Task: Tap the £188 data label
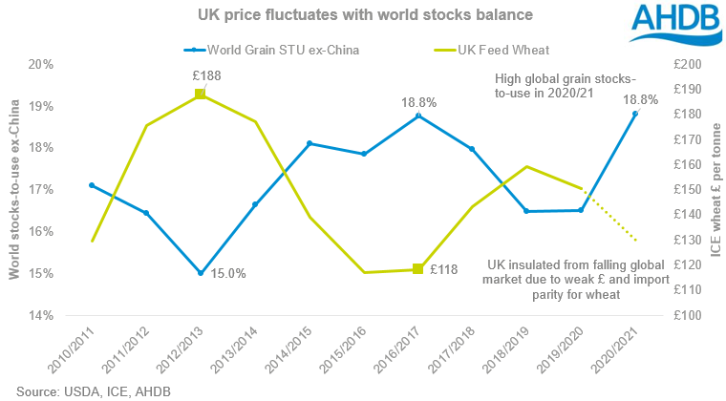[x=201, y=73]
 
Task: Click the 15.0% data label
[x=227, y=274]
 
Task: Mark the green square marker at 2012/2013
[x=201, y=94]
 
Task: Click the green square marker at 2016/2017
[x=418, y=269]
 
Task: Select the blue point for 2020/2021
[x=635, y=114]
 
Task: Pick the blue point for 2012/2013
[x=201, y=273]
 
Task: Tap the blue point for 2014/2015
[x=310, y=143]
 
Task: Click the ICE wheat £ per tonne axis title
[x=715, y=189]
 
